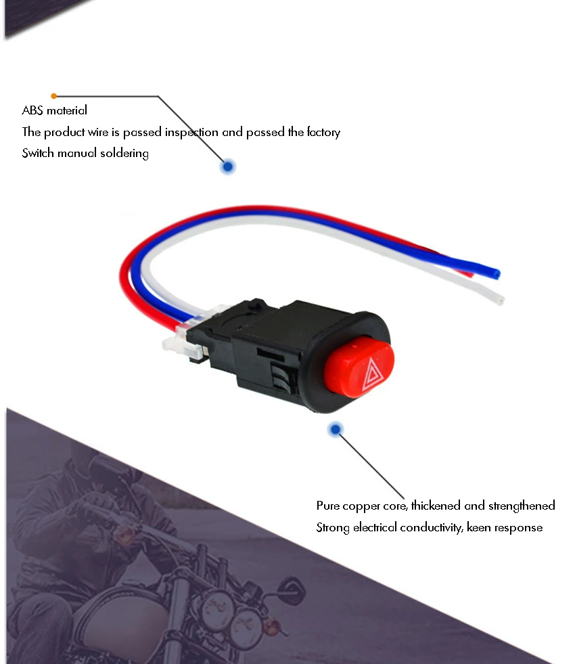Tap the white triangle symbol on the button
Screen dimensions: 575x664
tap(371, 375)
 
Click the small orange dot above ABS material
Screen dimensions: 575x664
tap(54, 96)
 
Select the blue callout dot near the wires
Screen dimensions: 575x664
tap(228, 167)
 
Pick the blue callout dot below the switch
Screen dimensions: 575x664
tap(335, 429)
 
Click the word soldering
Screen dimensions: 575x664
tap(124, 153)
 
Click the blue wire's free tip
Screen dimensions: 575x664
tap(497, 273)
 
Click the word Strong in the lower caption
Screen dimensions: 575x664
tap(332, 527)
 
